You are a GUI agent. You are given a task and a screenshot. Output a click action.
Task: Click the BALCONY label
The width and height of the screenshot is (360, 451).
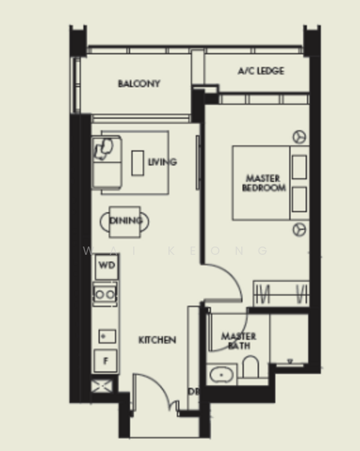139,84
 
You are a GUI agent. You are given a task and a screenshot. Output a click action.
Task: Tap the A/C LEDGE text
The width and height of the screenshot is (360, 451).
261,71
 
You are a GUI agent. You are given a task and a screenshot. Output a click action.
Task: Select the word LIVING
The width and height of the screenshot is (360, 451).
162,162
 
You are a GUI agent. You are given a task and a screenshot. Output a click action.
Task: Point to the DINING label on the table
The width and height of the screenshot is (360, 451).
125,221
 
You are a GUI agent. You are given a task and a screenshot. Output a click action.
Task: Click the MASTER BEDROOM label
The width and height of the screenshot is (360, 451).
264,183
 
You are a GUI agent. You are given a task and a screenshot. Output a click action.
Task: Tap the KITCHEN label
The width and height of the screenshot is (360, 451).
157,341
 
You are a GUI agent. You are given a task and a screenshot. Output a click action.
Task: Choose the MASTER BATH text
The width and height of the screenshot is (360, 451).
239,341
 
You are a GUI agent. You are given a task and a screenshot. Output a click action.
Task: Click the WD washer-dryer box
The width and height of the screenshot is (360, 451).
106,266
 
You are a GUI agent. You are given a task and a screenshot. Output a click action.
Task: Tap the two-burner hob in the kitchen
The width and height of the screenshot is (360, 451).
105,294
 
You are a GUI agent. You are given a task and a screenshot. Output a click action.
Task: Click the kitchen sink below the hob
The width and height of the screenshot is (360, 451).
105,336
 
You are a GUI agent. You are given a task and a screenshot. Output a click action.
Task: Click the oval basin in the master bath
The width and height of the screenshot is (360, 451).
222,374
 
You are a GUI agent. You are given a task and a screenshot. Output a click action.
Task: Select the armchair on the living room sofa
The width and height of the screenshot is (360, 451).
105,148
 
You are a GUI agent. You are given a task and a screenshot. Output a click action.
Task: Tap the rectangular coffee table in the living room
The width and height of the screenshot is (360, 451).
138,163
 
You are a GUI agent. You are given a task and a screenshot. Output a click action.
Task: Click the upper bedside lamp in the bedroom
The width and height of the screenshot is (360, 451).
299,137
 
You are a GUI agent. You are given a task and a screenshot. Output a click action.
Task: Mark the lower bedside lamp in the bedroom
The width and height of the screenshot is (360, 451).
299,229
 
